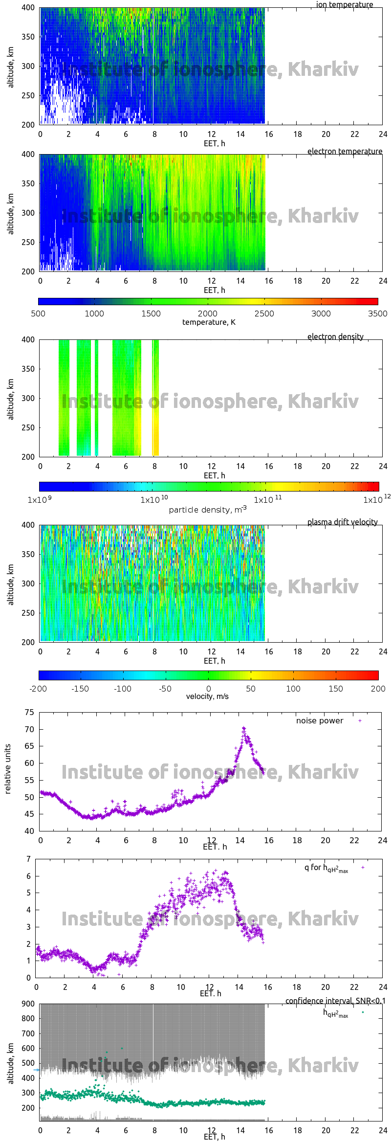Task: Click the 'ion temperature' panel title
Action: (x=345, y=4)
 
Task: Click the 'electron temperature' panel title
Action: (x=345, y=151)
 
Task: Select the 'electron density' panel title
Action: (x=335, y=336)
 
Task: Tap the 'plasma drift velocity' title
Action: (x=342, y=522)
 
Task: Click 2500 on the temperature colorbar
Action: (x=264, y=314)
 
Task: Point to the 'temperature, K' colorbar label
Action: (x=209, y=322)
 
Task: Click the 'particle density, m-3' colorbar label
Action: (x=208, y=510)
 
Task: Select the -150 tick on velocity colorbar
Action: (x=80, y=689)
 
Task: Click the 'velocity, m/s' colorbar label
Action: (x=207, y=696)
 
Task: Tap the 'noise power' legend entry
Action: (x=320, y=720)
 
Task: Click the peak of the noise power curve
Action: (x=244, y=728)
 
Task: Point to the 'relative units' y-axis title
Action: (x=7, y=769)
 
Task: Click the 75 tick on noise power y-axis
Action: (x=29, y=712)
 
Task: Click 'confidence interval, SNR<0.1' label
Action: (x=335, y=1001)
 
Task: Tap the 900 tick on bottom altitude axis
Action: (x=28, y=1004)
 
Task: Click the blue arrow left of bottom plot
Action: (x=36, y=1069)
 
